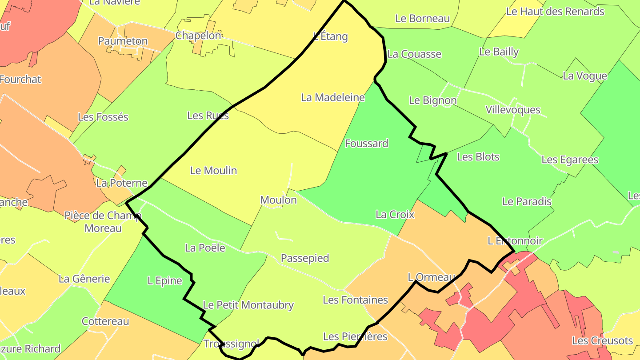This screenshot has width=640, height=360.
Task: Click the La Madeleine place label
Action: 333,97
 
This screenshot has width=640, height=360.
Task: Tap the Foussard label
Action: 367,144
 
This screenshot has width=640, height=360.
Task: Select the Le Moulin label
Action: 213,171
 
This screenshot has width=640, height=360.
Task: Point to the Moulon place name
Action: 278,200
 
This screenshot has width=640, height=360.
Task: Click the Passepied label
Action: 305,258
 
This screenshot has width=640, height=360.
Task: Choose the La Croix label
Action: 395,215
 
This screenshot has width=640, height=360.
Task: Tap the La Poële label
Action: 205,248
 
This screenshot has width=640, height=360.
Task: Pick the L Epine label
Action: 165,281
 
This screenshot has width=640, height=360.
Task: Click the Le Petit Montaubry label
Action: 248,305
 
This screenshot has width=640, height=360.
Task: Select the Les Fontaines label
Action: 355,300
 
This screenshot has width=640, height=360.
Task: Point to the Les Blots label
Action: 478,157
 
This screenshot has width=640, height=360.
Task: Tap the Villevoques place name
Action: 513,110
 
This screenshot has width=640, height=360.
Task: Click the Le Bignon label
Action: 432,100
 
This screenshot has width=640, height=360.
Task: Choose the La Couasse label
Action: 414,54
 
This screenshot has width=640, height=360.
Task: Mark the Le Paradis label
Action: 527,201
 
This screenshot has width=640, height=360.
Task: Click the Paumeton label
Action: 123,41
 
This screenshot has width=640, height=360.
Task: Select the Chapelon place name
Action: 198,36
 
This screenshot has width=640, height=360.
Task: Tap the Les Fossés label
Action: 103,117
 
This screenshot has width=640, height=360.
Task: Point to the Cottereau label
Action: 105,321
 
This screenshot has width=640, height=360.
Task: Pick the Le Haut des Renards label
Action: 556,12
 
